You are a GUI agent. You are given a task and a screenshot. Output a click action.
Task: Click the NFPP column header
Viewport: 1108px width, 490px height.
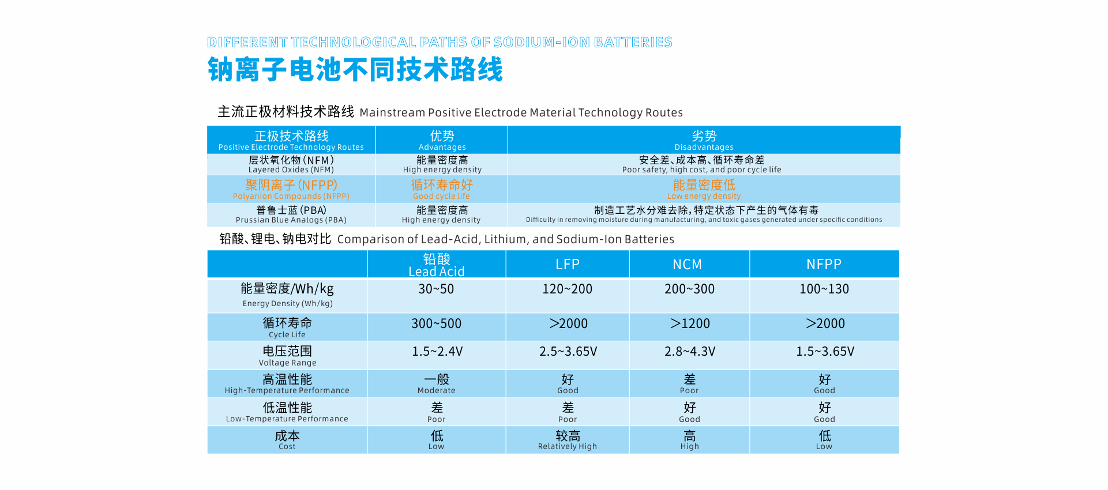(x=824, y=265)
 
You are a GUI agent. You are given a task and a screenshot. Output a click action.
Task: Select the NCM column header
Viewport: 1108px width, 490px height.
(x=687, y=265)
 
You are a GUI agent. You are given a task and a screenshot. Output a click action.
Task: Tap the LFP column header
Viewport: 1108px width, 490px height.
(x=567, y=265)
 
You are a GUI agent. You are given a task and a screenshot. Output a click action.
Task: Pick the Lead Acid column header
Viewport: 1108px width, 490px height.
(x=436, y=265)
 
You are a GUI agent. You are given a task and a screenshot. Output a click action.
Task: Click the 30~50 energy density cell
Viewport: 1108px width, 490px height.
(x=436, y=289)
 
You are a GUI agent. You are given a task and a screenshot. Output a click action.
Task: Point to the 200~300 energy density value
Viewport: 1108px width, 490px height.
(x=689, y=289)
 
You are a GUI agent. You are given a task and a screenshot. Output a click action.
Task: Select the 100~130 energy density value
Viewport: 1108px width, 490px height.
(x=824, y=289)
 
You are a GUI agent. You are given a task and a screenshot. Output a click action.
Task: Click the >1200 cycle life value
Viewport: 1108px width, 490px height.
(x=690, y=324)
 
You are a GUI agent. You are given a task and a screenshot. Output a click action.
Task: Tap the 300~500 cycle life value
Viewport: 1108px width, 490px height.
(x=436, y=324)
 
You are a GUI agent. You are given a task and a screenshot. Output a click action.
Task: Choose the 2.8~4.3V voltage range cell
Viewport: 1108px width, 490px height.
(x=690, y=352)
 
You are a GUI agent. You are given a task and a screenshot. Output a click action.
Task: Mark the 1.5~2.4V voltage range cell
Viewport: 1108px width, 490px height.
(x=437, y=352)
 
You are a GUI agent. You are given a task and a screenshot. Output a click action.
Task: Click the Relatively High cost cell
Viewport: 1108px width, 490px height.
(x=568, y=440)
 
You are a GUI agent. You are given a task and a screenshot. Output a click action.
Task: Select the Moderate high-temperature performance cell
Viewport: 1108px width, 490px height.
(x=437, y=384)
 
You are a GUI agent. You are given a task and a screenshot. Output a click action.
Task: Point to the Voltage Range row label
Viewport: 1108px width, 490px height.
(x=287, y=356)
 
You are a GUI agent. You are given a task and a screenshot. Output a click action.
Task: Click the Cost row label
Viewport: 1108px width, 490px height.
(x=287, y=440)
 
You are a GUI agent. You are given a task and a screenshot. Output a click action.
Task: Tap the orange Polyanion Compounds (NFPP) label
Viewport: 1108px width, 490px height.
(x=291, y=190)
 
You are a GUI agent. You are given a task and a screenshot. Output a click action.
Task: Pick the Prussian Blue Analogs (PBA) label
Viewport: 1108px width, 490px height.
(x=291, y=214)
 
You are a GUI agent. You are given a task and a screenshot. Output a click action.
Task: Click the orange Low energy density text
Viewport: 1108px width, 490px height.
(x=704, y=190)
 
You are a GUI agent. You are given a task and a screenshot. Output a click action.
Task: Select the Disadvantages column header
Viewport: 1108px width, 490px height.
(x=704, y=140)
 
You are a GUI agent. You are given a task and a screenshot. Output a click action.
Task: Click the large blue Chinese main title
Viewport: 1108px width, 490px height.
(x=355, y=70)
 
